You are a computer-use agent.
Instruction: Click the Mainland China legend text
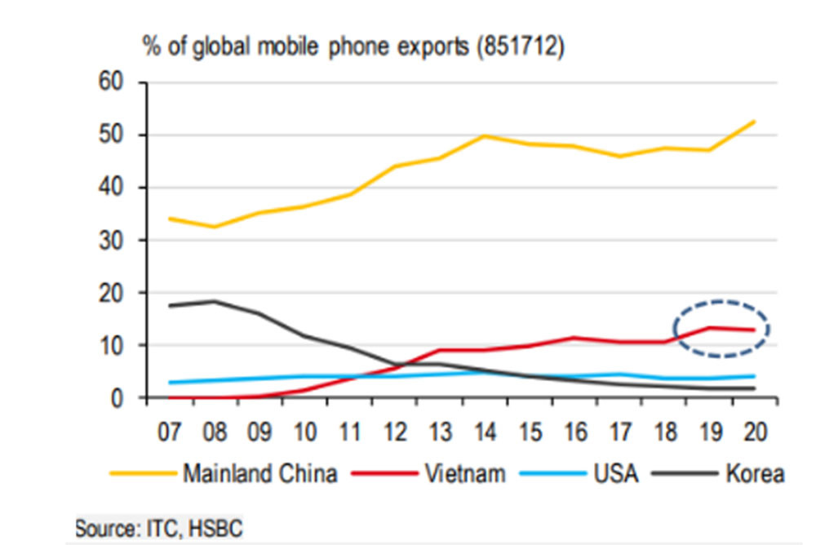click(x=259, y=474)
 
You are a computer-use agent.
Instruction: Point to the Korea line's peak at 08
click(x=214, y=301)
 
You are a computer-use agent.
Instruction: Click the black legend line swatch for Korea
click(x=684, y=474)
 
